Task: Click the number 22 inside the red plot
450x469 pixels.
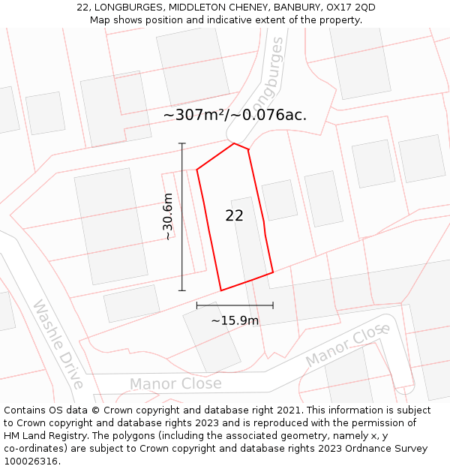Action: tap(234, 215)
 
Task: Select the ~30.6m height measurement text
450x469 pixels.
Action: tap(168, 217)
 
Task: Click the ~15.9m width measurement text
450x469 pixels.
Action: tap(235, 320)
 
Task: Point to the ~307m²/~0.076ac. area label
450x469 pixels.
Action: tap(235, 115)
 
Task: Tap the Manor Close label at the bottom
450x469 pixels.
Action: tap(175, 384)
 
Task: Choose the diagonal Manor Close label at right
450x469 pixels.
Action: tap(348, 345)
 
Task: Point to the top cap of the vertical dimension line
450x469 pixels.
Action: tap(181, 143)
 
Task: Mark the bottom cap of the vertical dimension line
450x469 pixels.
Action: tap(181, 290)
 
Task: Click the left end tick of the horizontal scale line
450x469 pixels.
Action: tap(196, 305)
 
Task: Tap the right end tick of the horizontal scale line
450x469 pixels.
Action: tap(273, 305)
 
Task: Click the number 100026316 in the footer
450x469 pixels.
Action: tap(29, 461)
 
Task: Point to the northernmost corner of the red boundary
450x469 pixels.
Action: tap(235, 143)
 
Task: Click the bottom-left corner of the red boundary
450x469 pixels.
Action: tap(220, 290)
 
